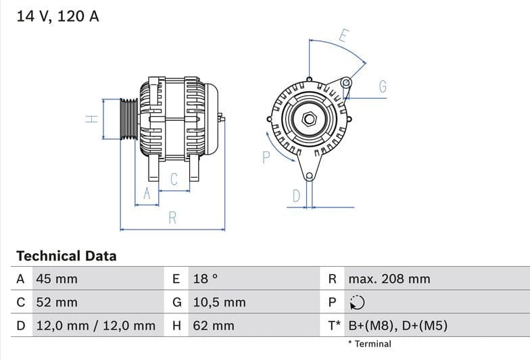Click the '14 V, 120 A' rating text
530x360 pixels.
click(x=57, y=16)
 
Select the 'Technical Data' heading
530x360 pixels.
click(x=66, y=256)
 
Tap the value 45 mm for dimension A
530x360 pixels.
click(x=57, y=279)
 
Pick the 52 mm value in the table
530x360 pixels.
click(x=57, y=303)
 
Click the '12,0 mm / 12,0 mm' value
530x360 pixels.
click(x=95, y=326)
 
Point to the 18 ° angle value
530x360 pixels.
click(x=206, y=279)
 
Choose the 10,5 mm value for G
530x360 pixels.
click(x=219, y=303)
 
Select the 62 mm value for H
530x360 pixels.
click(x=214, y=326)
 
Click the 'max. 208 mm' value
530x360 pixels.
click(x=389, y=279)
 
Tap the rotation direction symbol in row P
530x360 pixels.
click(x=356, y=303)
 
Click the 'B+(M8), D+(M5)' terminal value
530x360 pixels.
click(x=397, y=326)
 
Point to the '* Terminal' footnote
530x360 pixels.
click(x=369, y=344)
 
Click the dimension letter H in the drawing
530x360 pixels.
click(x=92, y=119)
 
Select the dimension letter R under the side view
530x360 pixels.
click(x=172, y=217)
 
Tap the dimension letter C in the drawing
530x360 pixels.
click(x=174, y=179)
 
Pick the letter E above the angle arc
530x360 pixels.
click(x=343, y=36)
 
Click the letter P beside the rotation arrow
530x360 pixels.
click(x=266, y=157)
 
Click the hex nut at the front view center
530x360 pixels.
click(x=309, y=119)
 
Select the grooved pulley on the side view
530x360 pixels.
click(x=128, y=119)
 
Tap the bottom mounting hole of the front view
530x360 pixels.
click(x=309, y=176)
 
